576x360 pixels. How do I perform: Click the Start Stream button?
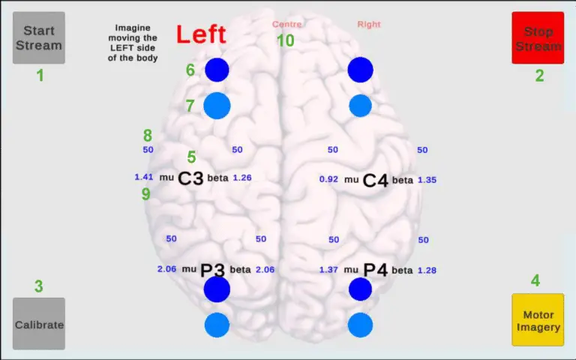pyautogui.click(x=39, y=37)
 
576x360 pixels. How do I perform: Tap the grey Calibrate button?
pyautogui.click(x=39, y=324)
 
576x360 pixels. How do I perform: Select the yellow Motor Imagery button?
pyautogui.click(x=537, y=319)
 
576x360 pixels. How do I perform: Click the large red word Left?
pyautogui.click(x=201, y=34)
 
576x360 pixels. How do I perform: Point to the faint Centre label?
pyautogui.click(x=286, y=25)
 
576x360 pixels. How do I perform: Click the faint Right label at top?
pyautogui.click(x=368, y=25)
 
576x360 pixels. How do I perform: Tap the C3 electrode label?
pyautogui.click(x=190, y=178)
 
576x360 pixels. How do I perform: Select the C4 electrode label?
pyautogui.click(x=375, y=180)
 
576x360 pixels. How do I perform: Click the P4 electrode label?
pyautogui.click(x=375, y=270)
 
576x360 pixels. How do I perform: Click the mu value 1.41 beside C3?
pyautogui.click(x=143, y=178)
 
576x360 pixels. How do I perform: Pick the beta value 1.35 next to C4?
pyautogui.click(x=427, y=180)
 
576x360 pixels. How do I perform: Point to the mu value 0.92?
pyautogui.click(x=328, y=180)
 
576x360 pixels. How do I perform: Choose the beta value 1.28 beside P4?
pyautogui.click(x=427, y=270)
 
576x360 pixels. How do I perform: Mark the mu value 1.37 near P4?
pyautogui.click(x=328, y=270)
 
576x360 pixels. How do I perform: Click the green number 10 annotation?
pyautogui.click(x=285, y=40)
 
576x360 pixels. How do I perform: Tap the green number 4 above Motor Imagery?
pyautogui.click(x=535, y=280)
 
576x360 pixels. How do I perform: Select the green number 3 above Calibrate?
pyautogui.click(x=39, y=286)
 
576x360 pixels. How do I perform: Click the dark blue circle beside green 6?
pyautogui.click(x=217, y=70)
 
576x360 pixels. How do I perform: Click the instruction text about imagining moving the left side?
pyautogui.click(x=132, y=42)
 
